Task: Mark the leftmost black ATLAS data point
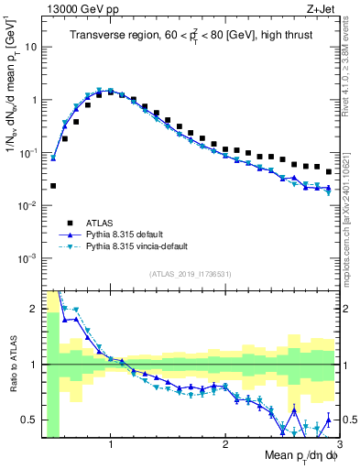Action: (53, 186)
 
